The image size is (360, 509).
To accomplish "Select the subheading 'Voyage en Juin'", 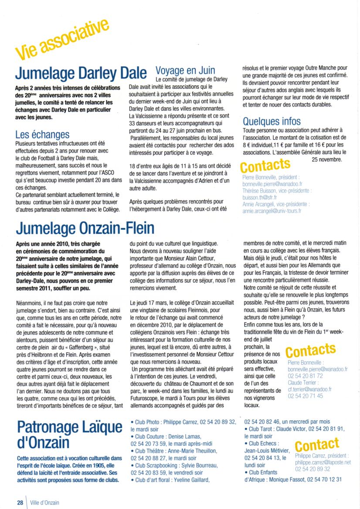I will click(185, 70).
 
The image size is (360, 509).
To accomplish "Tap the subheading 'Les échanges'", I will click(42, 135).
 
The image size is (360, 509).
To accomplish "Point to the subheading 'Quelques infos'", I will click(272, 121).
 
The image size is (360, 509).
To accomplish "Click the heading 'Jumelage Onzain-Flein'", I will click(85, 229).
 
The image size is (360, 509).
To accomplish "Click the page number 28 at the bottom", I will click(20, 502).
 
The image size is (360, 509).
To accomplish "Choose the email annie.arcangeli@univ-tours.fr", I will click(272, 211).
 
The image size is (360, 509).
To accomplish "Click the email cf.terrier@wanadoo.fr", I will click(310, 389).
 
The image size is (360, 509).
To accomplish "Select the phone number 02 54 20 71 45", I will click(306, 396).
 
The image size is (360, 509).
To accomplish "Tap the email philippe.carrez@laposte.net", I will click(323, 462).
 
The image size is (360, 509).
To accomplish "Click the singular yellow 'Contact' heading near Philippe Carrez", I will click(317, 445).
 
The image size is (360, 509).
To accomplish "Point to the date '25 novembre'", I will click(327, 159).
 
